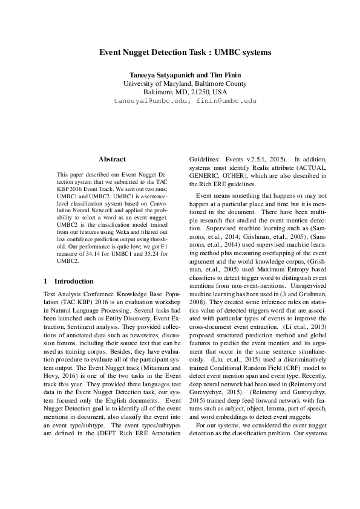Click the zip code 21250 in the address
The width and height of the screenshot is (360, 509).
coord(198,92)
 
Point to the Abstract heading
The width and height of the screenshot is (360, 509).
coord(112,159)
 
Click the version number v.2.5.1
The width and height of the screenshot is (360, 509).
coord(256,159)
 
